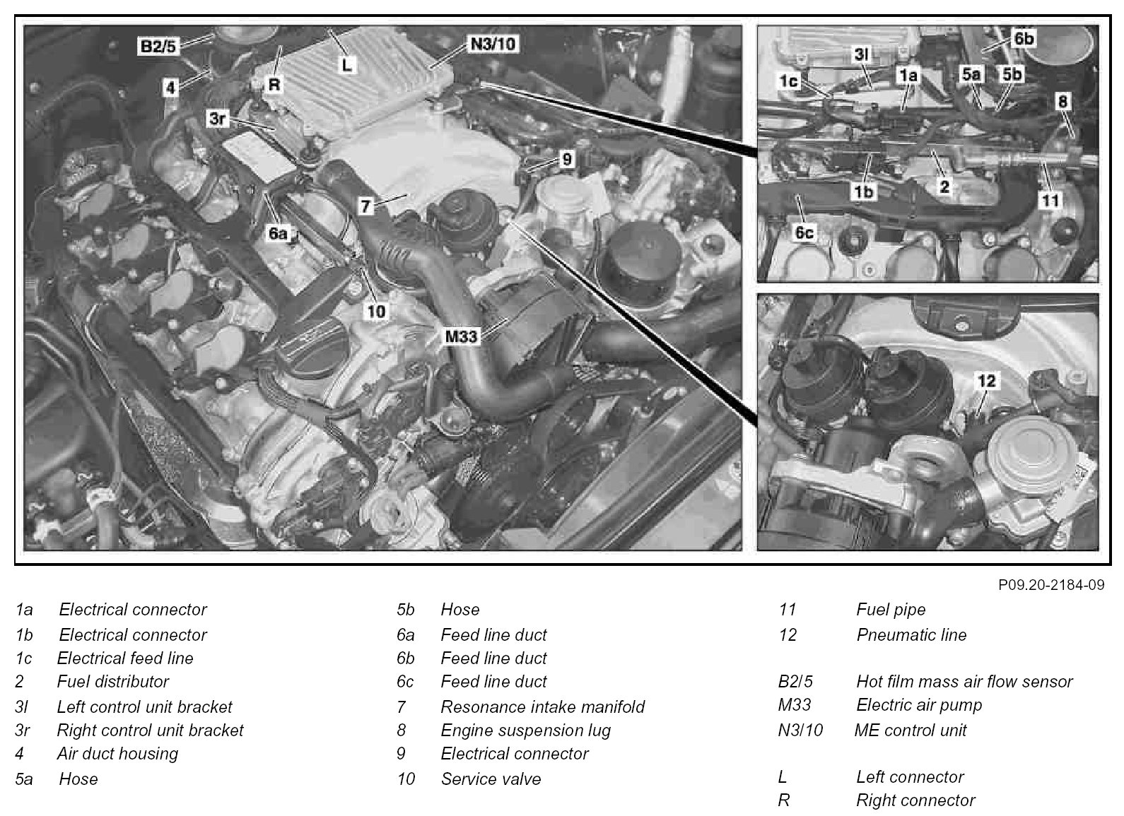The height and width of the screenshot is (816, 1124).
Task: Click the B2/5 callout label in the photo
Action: point(158,47)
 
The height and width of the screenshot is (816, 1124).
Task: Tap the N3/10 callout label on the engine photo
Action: point(493,45)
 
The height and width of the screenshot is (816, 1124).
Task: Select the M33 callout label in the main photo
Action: point(461,336)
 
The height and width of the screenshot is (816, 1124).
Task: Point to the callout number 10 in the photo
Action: point(376,311)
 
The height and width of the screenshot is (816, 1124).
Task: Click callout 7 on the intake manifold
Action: point(365,206)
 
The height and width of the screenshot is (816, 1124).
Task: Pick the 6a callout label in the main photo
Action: point(278,232)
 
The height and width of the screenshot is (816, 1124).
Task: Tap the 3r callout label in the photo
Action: point(218,119)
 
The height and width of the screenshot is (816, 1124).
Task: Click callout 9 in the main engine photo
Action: point(566,160)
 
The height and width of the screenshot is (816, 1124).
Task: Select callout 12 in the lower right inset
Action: point(986,381)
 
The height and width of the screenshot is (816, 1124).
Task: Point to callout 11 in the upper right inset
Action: point(1050,200)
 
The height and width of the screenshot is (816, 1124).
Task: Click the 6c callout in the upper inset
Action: point(804,232)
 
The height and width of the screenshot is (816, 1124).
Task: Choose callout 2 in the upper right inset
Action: point(944,187)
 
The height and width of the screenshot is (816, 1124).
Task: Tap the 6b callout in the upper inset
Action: point(1024,38)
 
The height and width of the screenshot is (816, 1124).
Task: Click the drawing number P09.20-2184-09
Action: point(1051,585)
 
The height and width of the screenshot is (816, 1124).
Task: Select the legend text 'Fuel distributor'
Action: point(113,682)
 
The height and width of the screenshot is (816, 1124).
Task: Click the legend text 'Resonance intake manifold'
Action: point(543,706)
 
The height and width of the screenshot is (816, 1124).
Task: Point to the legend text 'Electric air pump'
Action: point(919,705)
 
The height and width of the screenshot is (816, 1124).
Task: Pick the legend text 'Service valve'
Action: point(491,779)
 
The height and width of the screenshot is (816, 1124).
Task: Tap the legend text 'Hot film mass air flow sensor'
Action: point(964,682)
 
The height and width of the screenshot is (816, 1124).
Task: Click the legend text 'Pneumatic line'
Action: point(911,635)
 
